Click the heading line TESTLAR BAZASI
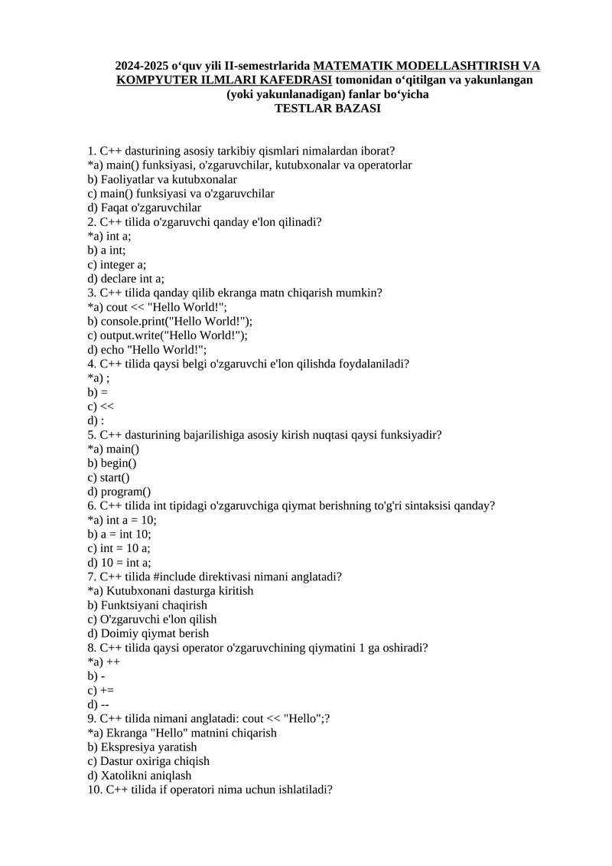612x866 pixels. [x=327, y=109]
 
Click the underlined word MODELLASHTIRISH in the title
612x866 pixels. [x=431, y=66]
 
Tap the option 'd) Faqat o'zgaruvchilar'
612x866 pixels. [x=145, y=208]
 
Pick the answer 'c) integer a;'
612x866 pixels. [x=117, y=264]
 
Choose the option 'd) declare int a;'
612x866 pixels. [x=126, y=279]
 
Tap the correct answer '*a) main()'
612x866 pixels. [x=113, y=449]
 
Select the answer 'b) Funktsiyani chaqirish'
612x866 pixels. [x=148, y=605]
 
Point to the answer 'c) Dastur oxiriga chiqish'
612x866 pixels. [x=148, y=761]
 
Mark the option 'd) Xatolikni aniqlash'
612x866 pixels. [x=139, y=775]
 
